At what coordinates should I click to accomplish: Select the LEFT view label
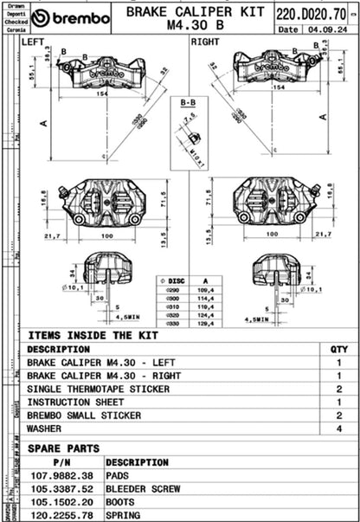[34, 42]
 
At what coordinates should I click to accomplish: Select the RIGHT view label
[205, 42]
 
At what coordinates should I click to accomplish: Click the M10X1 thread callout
[197, 155]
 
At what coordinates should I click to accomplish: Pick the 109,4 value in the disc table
[206, 289]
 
